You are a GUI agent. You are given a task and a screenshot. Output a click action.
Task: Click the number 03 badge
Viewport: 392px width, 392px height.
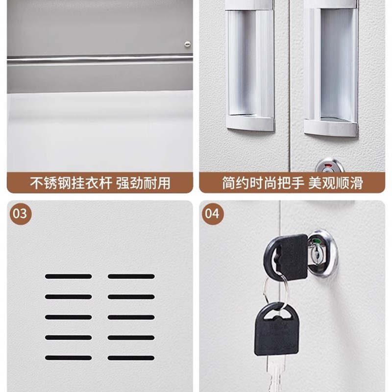point(20,214)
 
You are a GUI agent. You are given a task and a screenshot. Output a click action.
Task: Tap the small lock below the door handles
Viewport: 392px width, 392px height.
point(323,164)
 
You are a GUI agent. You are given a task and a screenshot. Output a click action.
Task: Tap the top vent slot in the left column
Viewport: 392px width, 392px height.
point(68,276)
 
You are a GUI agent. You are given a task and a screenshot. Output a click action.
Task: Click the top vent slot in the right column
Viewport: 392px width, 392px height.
point(131,276)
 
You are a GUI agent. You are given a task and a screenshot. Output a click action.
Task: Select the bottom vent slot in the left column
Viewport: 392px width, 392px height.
point(68,358)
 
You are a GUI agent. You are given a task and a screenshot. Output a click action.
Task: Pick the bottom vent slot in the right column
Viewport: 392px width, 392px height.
point(131,358)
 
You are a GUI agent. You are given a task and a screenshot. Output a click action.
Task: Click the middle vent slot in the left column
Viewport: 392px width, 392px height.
point(68,317)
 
